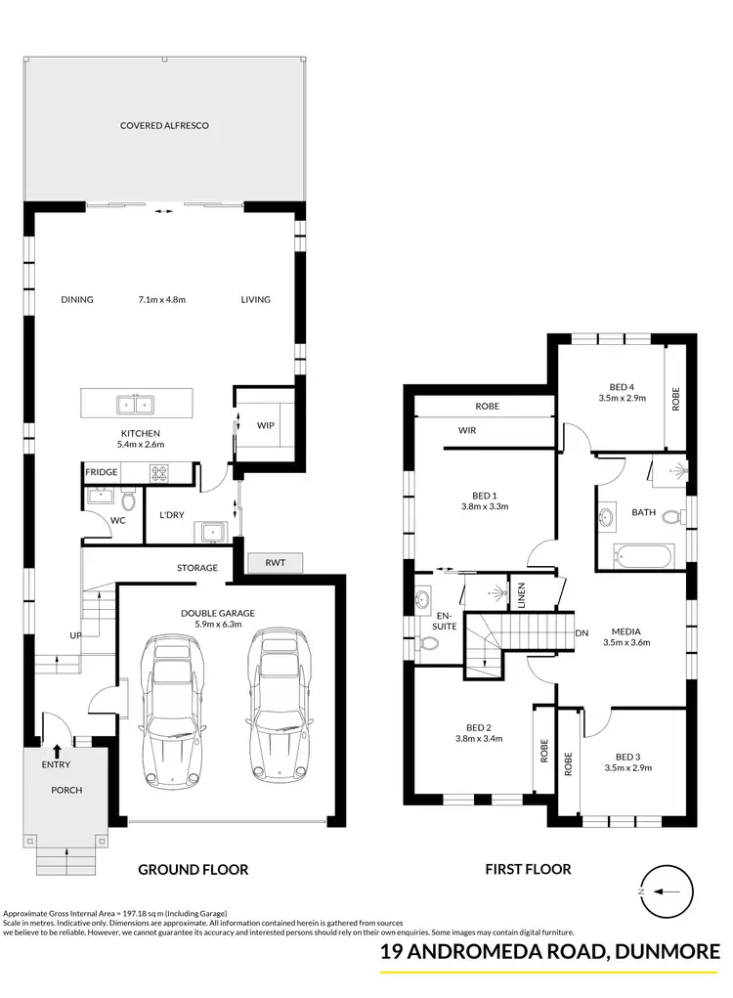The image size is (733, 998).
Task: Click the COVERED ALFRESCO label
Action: pos(164,126)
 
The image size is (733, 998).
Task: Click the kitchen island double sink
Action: pos(134,404)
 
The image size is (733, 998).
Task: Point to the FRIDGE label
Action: pos(101,472)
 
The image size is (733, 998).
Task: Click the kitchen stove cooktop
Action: pos(160,473)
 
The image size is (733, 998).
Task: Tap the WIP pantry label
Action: pos(265,426)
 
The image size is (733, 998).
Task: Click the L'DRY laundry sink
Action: pos(209,531)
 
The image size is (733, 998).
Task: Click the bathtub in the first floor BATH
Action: pos(641,557)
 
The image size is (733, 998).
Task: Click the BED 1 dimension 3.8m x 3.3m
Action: pos(485,506)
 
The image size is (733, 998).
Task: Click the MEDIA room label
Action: pos(626,629)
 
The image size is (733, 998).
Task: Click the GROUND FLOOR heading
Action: pos(193,869)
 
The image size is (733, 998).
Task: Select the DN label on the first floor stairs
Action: pos(581,633)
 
